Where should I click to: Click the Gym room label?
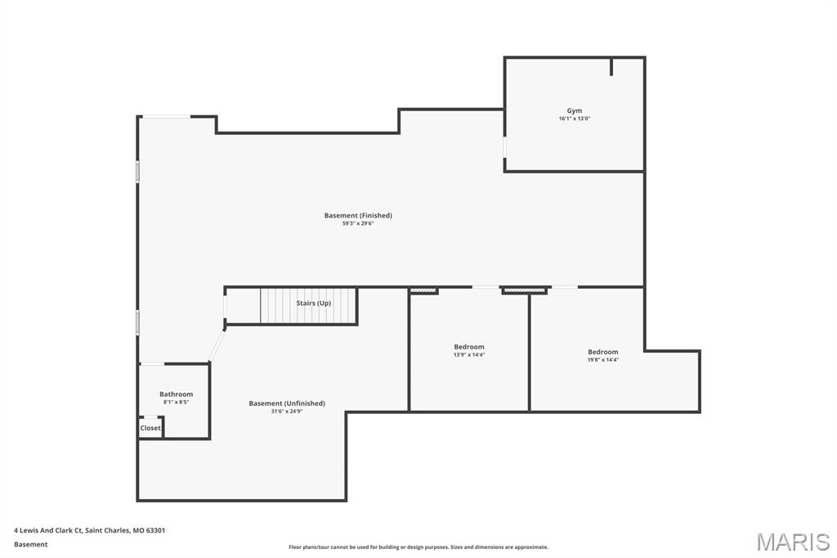[x=575, y=110]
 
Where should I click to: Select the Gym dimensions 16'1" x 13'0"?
[x=575, y=119]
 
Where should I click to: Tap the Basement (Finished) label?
[x=358, y=215]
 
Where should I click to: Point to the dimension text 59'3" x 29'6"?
[x=358, y=223]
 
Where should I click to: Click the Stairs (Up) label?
[x=313, y=303]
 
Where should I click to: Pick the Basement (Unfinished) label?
[x=287, y=403]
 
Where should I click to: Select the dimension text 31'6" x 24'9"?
[x=287, y=411]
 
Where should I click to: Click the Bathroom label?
[x=176, y=394]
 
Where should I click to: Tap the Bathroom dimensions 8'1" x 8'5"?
[x=176, y=402]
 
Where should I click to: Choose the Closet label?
[x=150, y=428]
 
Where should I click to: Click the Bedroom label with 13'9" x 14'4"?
[x=469, y=347]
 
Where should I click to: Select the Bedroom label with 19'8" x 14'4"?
[x=603, y=352]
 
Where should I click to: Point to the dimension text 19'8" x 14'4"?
[x=603, y=360]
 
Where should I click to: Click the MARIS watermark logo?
[x=793, y=542]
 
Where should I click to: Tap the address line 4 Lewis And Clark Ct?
[x=90, y=530]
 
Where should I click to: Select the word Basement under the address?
[x=31, y=544]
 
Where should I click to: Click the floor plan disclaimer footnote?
[x=418, y=547]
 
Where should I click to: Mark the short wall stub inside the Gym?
[x=611, y=66]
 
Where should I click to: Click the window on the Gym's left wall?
[x=504, y=146]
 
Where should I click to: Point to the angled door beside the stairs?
[x=217, y=344]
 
